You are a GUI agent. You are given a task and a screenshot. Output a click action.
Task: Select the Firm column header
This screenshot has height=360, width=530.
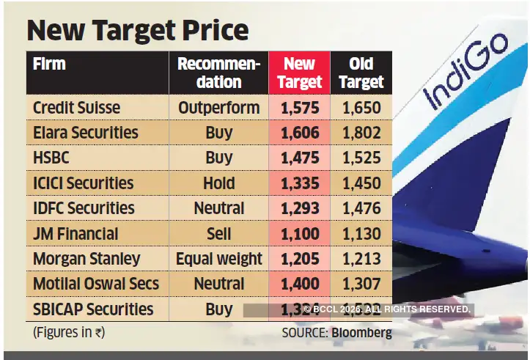[50, 65]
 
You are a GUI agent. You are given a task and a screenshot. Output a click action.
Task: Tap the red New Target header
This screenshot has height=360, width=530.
[299, 73]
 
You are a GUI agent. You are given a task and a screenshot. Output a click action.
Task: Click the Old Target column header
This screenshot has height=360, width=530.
[361, 73]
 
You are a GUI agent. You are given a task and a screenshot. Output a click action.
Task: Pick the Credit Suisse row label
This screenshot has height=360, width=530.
[76, 108]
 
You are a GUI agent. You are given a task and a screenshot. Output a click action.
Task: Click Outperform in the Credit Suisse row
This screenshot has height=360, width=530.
[218, 108]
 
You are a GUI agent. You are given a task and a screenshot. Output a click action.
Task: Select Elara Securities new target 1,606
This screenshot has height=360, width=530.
[299, 133]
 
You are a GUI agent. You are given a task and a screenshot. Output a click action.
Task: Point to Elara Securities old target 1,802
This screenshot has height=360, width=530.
[361, 133]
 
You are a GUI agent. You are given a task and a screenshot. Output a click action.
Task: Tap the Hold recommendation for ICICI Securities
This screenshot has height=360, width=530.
[218, 183]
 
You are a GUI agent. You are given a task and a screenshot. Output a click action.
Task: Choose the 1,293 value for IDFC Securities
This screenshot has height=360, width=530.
[299, 208]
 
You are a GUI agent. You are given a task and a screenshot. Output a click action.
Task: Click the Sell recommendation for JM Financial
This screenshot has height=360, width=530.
[218, 233]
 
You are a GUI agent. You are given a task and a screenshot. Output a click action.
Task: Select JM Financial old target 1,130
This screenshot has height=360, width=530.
[361, 233]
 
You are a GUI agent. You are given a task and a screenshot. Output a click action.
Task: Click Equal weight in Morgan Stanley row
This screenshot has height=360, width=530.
[218, 259]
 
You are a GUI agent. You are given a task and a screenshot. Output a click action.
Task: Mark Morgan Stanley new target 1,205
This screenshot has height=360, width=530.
[299, 259]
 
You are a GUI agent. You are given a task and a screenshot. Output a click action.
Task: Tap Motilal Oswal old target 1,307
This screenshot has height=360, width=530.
[361, 284]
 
